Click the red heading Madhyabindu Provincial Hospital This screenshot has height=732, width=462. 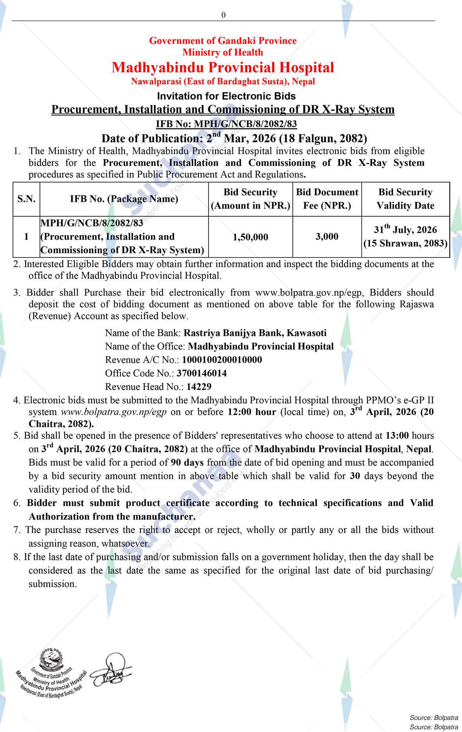(x=223, y=67)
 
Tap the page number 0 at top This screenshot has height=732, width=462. (x=223, y=15)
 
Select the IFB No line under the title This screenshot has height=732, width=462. (x=226, y=124)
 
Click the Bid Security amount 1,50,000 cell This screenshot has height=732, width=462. (x=250, y=237)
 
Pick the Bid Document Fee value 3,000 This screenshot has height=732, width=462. (x=327, y=237)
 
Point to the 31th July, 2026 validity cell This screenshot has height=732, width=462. (x=405, y=236)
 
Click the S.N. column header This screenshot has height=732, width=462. (x=26, y=199)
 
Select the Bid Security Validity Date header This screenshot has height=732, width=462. (x=405, y=199)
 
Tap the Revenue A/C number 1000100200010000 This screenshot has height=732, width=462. (x=222, y=360)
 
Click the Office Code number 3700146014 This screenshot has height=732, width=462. (x=201, y=373)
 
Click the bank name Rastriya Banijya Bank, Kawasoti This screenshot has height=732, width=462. (x=255, y=333)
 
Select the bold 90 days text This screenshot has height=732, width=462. (x=187, y=463)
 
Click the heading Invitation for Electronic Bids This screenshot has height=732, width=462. (x=226, y=96)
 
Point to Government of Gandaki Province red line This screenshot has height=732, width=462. (x=223, y=41)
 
